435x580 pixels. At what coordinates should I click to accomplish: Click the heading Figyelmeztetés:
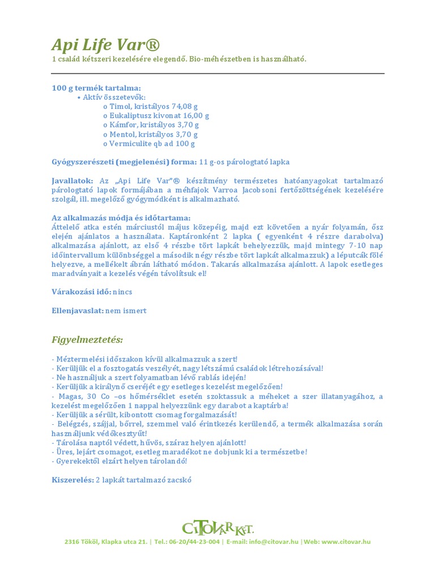[87, 339]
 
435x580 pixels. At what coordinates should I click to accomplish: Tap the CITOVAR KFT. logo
[217, 528]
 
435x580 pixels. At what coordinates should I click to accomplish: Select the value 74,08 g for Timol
[185, 106]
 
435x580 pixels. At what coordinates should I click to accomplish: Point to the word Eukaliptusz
[131, 116]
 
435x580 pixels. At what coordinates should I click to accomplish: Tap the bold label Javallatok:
[72, 181]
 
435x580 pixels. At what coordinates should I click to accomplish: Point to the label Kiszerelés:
[72, 479]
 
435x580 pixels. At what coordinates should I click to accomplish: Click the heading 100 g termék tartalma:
[96, 88]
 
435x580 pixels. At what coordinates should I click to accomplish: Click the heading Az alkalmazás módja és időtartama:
[121, 218]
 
